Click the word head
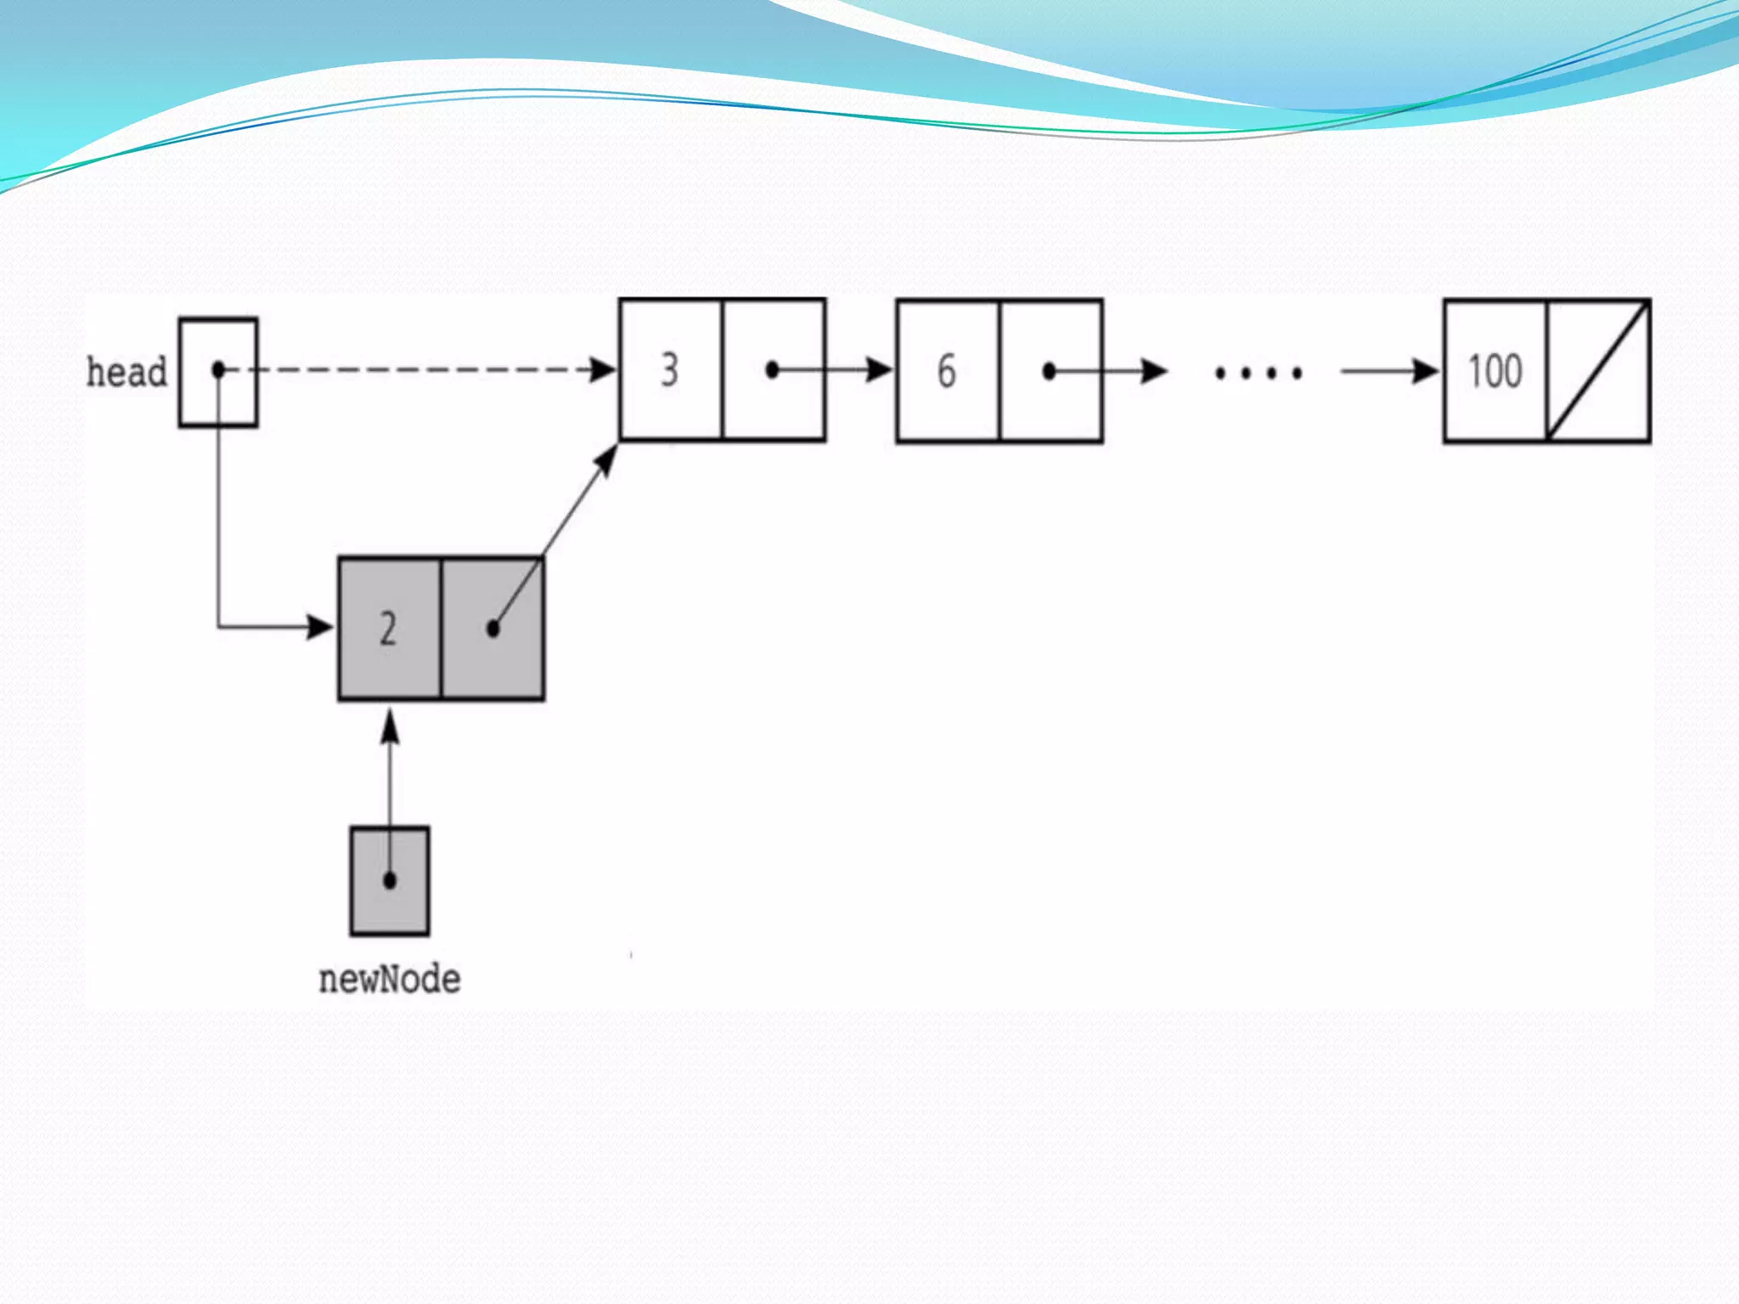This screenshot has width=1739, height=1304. pos(127,372)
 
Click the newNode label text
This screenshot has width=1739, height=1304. pos(390,980)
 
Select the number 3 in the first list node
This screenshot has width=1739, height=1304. pos(670,370)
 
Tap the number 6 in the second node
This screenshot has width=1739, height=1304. pos(946,372)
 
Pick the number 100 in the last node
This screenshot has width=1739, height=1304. pos(1495,372)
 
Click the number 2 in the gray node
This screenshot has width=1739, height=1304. pos(388,629)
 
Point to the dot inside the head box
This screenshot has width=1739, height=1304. pos(218,369)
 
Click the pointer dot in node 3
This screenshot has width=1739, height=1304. pos(772,370)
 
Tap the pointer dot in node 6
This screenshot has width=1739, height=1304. pos(1050,371)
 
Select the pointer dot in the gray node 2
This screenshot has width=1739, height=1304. pos(493,629)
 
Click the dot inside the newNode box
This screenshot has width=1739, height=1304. pos(390,880)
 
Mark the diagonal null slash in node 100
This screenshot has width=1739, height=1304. pos(1598,371)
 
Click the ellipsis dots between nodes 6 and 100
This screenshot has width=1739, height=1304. pos(1258,373)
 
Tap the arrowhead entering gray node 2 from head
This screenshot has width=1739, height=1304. pos(320,627)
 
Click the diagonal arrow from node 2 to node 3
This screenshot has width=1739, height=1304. pos(560,527)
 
